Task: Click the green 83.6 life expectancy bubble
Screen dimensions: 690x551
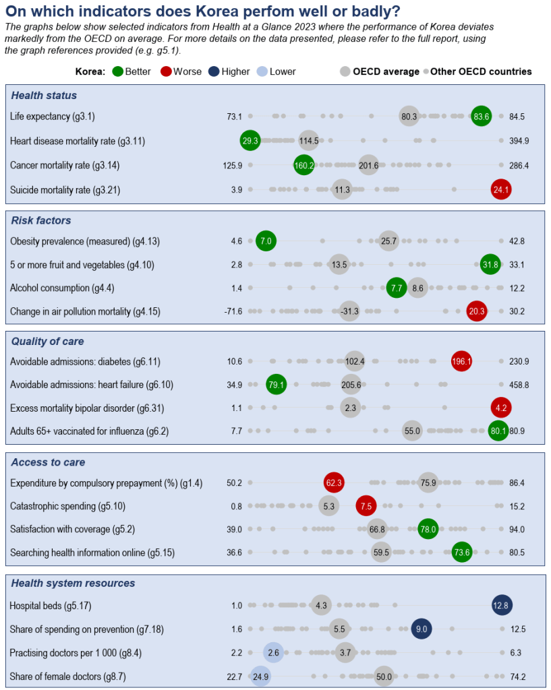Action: coord(481,116)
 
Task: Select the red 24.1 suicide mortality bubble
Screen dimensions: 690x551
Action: coord(501,189)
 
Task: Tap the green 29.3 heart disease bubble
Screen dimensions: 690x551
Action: coord(250,140)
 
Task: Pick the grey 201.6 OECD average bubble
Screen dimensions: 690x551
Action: coord(368,165)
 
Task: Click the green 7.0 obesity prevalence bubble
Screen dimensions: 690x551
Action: coord(266,241)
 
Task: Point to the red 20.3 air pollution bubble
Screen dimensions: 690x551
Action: coord(477,311)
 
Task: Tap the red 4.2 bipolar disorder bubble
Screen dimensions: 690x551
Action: coord(501,408)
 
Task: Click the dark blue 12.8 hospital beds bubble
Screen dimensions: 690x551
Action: coord(502,604)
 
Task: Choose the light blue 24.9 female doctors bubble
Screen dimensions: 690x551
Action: coord(260,676)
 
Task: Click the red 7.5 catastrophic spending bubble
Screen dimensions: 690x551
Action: coord(366,506)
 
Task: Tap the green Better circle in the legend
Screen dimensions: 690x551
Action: coord(118,71)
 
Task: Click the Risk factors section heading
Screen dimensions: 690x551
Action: coord(41,220)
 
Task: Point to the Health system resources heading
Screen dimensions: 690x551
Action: coord(73,583)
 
